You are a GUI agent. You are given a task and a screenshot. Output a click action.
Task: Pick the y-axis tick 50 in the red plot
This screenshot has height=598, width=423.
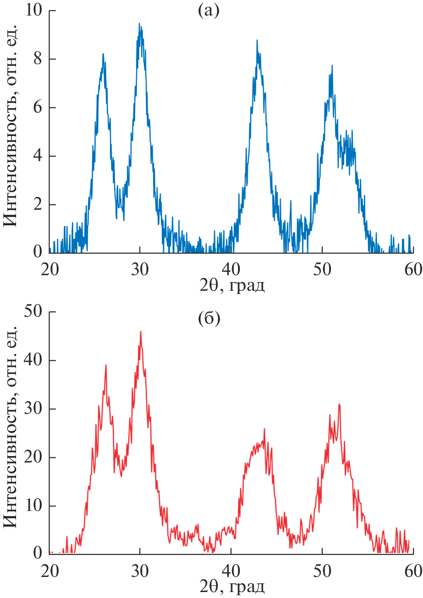click(34, 312)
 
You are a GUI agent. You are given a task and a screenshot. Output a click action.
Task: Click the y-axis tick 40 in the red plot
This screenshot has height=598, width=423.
click(34, 361)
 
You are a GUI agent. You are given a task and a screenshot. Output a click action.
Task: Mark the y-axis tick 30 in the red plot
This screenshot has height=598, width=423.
click(34, 409)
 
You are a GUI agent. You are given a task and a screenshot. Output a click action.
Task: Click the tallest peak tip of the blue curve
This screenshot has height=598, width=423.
click(140, 24)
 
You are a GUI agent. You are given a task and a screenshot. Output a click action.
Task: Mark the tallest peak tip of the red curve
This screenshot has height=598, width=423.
click(141, 332)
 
